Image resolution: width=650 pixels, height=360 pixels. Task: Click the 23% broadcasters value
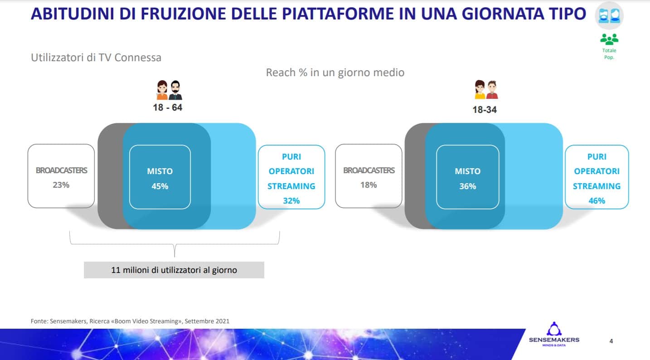tap(61, 185)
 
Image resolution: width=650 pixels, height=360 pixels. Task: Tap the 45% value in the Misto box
tap(160, 186)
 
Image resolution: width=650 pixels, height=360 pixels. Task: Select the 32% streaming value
tap(291, 200)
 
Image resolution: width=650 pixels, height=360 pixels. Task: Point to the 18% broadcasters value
tap(369, 185)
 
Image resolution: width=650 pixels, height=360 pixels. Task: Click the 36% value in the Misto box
tap(467, 186)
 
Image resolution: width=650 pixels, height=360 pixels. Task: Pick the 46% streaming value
tap(597, 200)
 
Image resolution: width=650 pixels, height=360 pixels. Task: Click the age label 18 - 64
tap(167, 107)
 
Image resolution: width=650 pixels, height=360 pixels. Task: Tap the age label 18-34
tap(484, 110)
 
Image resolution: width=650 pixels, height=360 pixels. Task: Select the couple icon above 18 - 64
tap(170, 90)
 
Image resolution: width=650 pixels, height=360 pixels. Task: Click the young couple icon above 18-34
tap(486, 89)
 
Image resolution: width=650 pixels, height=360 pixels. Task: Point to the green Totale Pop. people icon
tap(609, 39)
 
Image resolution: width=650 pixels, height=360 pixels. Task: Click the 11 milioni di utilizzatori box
tap(174, 270)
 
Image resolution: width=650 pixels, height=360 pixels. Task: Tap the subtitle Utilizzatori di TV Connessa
tap(96, 58)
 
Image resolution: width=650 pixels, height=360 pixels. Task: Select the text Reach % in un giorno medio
tap(335, 73)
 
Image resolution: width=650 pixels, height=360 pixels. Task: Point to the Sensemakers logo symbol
tap(554, 329)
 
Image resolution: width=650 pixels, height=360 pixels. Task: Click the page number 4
tap(611, 341)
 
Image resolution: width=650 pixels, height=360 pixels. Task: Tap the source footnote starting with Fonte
tap(130, 321)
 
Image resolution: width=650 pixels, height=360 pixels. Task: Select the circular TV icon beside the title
tap(609, 15)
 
